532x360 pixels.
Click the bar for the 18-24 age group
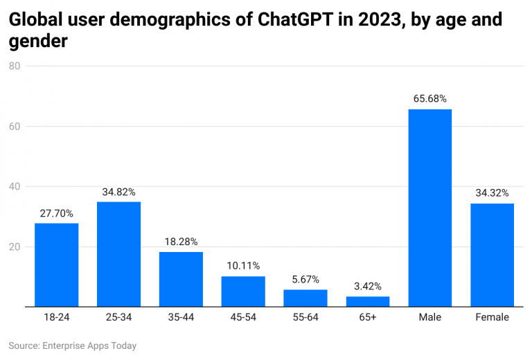tap(57, 265)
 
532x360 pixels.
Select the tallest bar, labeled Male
tap(430, 208)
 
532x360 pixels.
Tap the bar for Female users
tap(492, 255)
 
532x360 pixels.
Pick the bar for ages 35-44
tap(181, 279)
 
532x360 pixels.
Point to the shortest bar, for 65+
tap(368, 301)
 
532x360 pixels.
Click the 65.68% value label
tap(430, 99)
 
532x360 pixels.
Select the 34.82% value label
tap(118, 192)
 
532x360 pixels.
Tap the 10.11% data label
tap(243, 266)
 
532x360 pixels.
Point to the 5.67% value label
tap(305, 280)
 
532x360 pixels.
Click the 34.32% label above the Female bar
tap(492, 193)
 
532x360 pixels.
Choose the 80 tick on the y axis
tap(15, 66)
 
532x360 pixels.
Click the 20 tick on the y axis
tap(15, 247)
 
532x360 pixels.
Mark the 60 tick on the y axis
tap(15, 127)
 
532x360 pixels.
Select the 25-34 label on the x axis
tap(118, 318)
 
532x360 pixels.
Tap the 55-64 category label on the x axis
tap(305, 318)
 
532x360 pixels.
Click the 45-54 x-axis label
tap(243, 318)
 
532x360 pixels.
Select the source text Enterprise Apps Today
tap(89, 345)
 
